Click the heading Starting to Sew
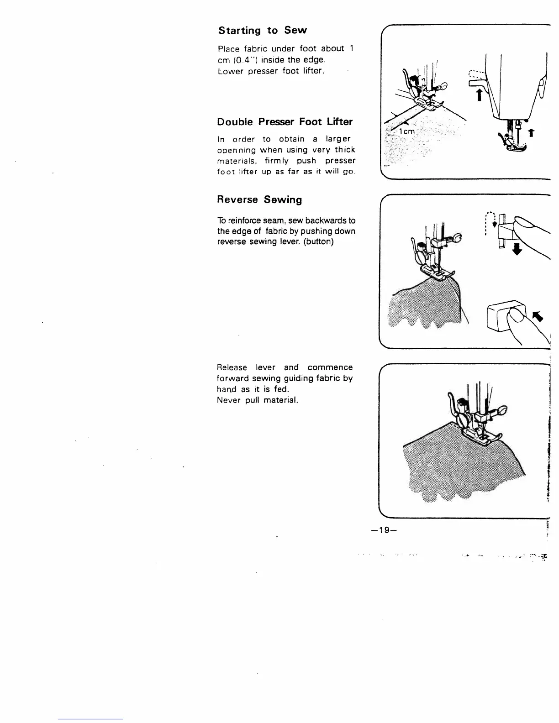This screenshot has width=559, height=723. [x=263, y=31]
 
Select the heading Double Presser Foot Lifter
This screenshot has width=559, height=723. [x=285, y=122]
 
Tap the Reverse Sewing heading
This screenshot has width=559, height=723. [x=259, y=200]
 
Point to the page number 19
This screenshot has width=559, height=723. [x=383, y=530]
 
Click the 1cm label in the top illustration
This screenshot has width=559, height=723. [x=406, y=131]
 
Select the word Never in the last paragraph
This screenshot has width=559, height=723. [x=229, y=400]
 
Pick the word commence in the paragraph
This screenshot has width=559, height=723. [x=330, y=367]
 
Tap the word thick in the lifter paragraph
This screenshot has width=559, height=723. [x=345, y=150]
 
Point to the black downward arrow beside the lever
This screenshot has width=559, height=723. [x=517, y=249]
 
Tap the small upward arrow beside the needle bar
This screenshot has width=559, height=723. [x=532, y=133]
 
